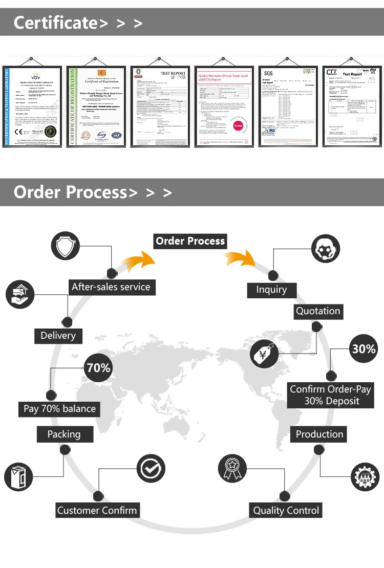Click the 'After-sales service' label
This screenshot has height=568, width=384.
pyautogui.click(x=111, y=287)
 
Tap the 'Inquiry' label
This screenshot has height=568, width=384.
pyautogui.click(x=271, y=290)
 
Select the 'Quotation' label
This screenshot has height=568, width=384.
pyautogui.click(x=318, y=311)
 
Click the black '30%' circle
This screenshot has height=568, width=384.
pyautogui.click(x=364, y=349)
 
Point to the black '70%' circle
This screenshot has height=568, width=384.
pyautogui.click(x=98, y=368)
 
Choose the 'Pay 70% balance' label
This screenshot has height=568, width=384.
pyautogui.click(x=60, y=409)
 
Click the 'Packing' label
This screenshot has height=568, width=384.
pyautogui.click(x=64, y=434)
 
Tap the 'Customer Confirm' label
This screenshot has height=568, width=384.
pyautogui.click(x=97, y=510)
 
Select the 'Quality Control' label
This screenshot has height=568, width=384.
pyautogui.click(x=286, y=510)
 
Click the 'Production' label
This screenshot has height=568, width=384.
pyautogui.click(x=319, y=434)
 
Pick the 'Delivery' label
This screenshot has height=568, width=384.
pyautogui.click(x=58, y=336)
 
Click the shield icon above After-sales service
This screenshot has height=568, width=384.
pyautogui.click(x=66, y=246)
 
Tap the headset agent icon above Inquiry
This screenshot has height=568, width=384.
pyautogui.click(x=325, y=249)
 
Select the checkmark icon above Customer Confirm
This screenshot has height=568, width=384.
pyautogui.click(x=151, y=468)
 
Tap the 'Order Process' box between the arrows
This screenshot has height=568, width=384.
pyautogui.click(x=190, y=241)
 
